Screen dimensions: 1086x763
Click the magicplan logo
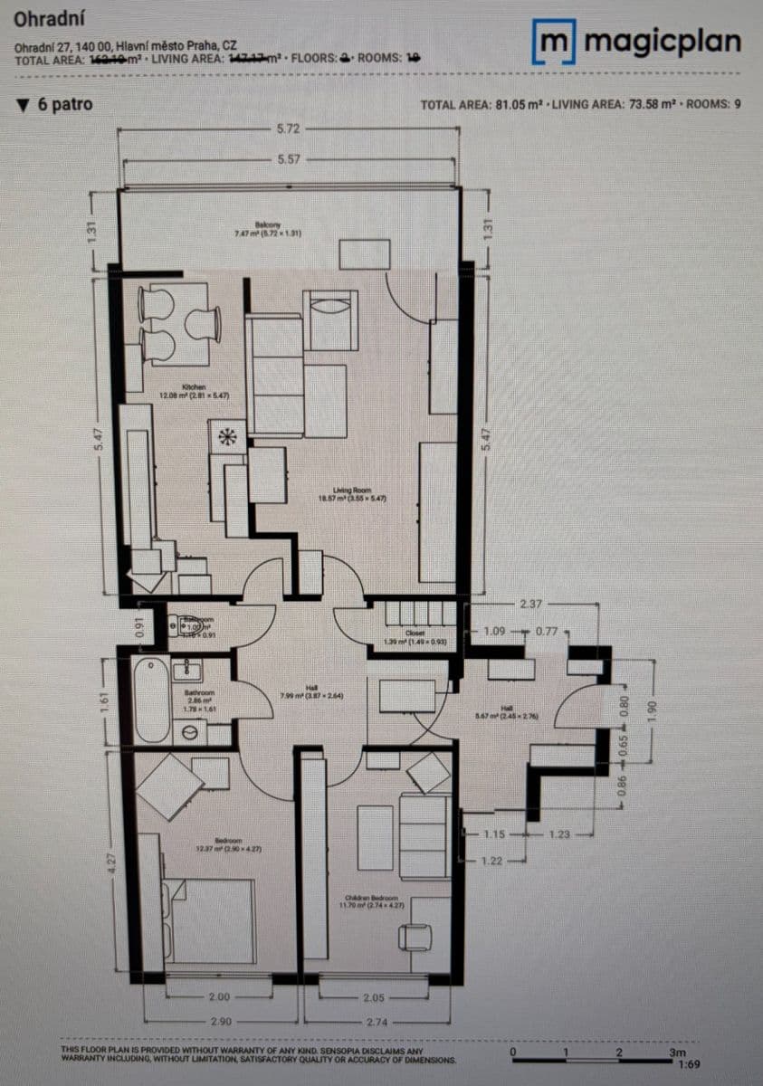[639, 42]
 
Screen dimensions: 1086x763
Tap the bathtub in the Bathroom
[151, 700]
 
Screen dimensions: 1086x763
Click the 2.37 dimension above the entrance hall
[531, 604]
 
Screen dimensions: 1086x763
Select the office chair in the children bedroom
[415, 936]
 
